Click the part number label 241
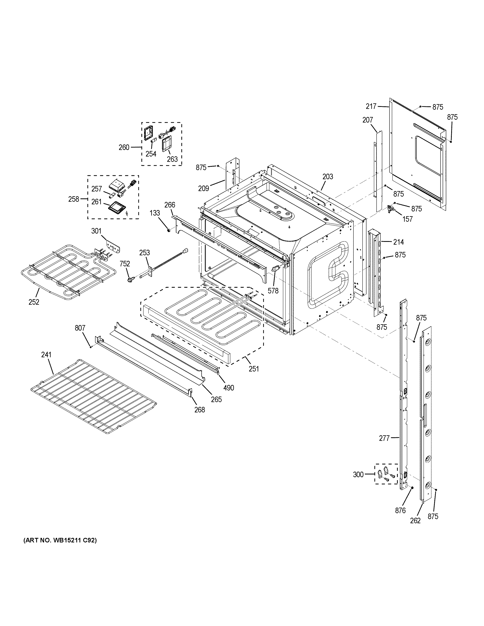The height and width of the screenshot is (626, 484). pyautogui.click(x=46, y=355)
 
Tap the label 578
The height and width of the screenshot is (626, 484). pyautogui.click(x=273, y=291)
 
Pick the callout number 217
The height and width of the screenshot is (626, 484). pyautogui.click(x=371, y=106)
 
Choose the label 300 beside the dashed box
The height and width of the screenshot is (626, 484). pyautogui.click(x=358, y=475)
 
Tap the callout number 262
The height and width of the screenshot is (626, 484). pyautogui.click(x=415, y=520)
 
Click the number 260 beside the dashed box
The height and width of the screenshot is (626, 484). pyautogui.click(x=124, y=147)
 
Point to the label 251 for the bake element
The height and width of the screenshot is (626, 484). pyautogui.click(x=254, y=369)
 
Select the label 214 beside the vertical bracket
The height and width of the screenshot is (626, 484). pyautogui.click(x=398, y=242)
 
